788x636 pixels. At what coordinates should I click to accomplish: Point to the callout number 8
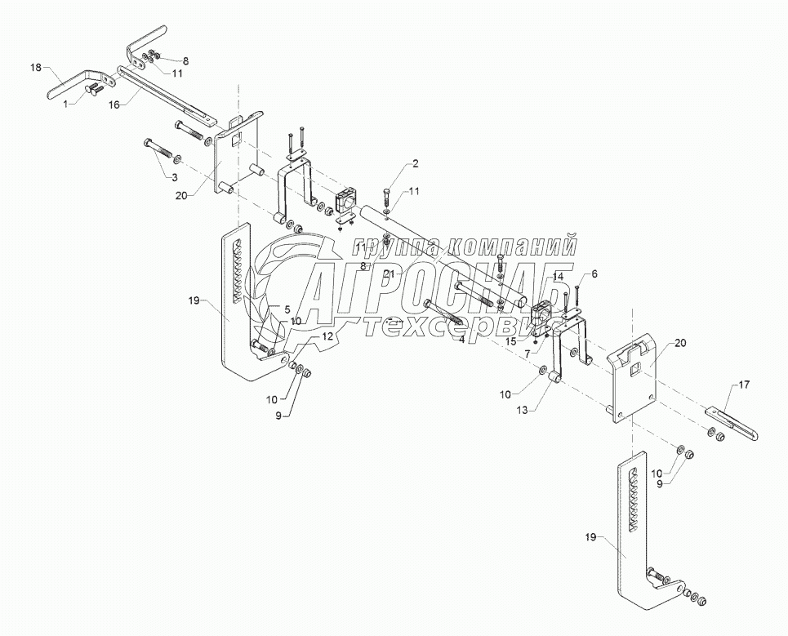point(185,60)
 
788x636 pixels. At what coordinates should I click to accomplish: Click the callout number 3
point(173,176)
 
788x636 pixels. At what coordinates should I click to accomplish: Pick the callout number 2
point(415,164)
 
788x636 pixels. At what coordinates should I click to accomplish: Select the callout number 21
point(389,274)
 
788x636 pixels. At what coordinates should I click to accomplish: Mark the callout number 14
point(558,278)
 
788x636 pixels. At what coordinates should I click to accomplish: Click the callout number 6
point(594,274)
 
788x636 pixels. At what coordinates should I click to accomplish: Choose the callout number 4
point(461,339)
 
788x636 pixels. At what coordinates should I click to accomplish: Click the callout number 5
point(287,309)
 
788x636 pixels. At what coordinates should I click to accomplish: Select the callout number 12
point(326,336)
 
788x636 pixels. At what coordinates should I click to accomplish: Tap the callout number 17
point(743,384)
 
